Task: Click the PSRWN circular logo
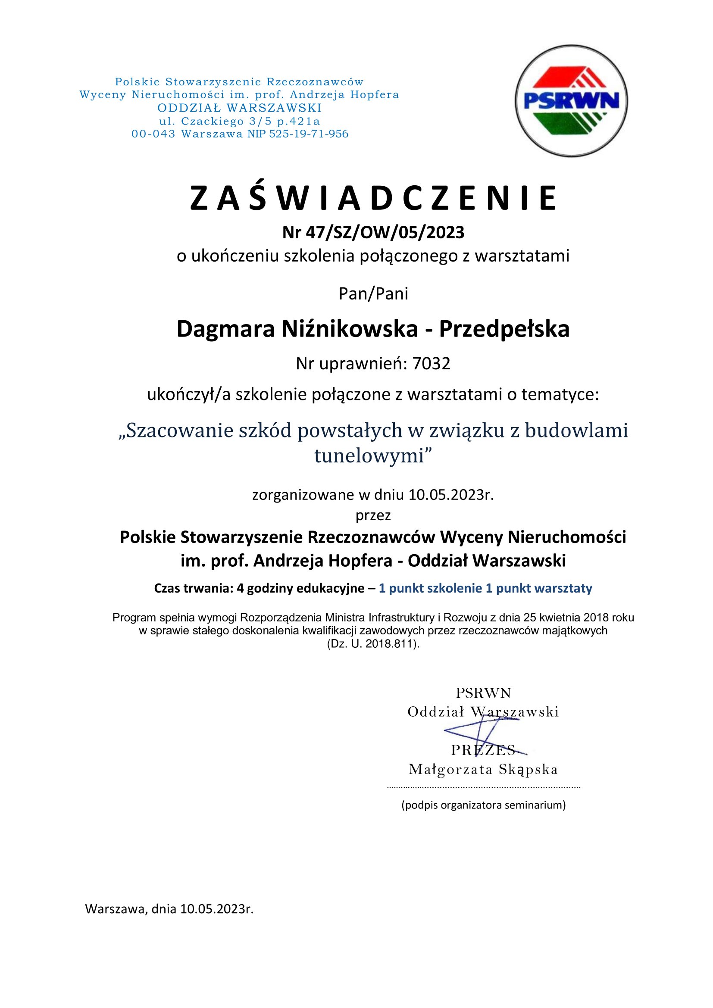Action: (571, 100)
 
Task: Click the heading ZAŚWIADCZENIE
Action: (373, 198)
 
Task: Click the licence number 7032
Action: (431, 364)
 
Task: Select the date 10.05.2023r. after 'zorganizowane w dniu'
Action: (451, 495)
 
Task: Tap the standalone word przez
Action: (373, 515)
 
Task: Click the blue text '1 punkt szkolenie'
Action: (430, 588)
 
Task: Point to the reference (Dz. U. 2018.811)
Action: (373, 644)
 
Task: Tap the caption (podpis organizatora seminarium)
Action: (483, 805)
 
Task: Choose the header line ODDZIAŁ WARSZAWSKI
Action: (239, 108)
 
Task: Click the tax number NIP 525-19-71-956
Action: (298, 134)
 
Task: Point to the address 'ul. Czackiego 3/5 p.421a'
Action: (239, 121)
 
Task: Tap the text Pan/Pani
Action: (373, 294)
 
